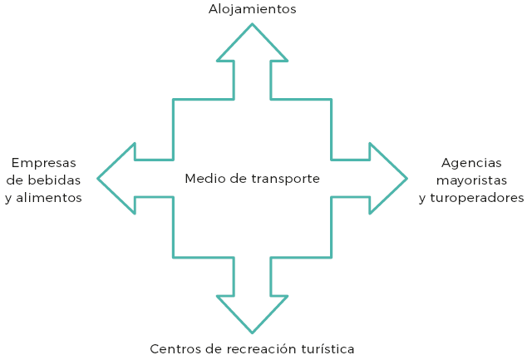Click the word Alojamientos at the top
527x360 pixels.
tap(252, 9)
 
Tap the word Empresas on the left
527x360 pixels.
tap(43, 162)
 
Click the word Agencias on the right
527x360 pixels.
tap(471, 162)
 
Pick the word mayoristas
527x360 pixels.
tap(471, 180)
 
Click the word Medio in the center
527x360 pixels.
tap(203, 178)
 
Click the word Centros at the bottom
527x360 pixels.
tap(175, 348)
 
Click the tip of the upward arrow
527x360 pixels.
tap(252, 24)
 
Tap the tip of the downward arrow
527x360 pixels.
tap(252, 333)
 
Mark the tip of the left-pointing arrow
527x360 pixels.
tap(98, 178)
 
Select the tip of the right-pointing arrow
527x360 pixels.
tap(406, 178)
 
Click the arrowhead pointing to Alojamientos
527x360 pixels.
tap(252, 46)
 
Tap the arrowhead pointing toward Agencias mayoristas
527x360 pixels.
tap(384, 178)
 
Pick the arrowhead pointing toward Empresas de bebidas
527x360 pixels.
tap(121, 178)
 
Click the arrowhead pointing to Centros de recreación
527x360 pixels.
tap(252, 311)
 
